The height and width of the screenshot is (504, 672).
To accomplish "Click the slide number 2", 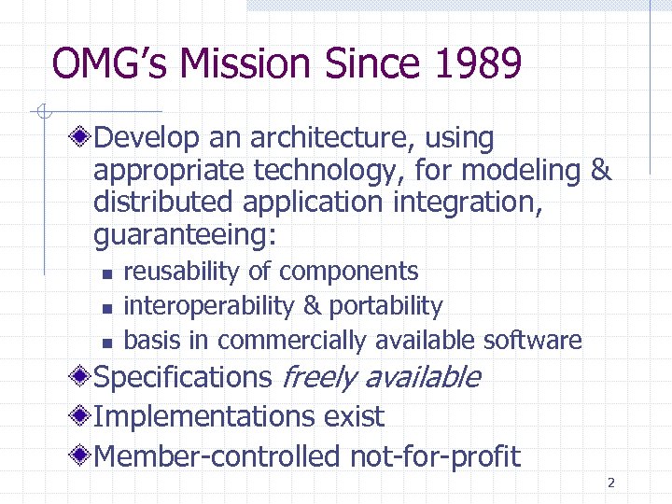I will pyautogui.click(x=610, y=483).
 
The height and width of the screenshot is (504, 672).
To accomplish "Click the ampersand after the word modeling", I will pyautogui.click(x=601, y=171).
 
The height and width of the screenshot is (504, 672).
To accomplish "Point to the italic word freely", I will pyautogui.click(x=318, y=378).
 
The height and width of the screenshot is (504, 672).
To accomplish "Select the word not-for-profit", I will pyautogui.click(x=435, y=456).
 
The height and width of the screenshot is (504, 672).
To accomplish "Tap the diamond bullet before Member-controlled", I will pyautogui.click(x=82, y=456).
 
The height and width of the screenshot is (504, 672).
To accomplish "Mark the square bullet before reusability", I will pyautogui.click(x=107, y=273).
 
